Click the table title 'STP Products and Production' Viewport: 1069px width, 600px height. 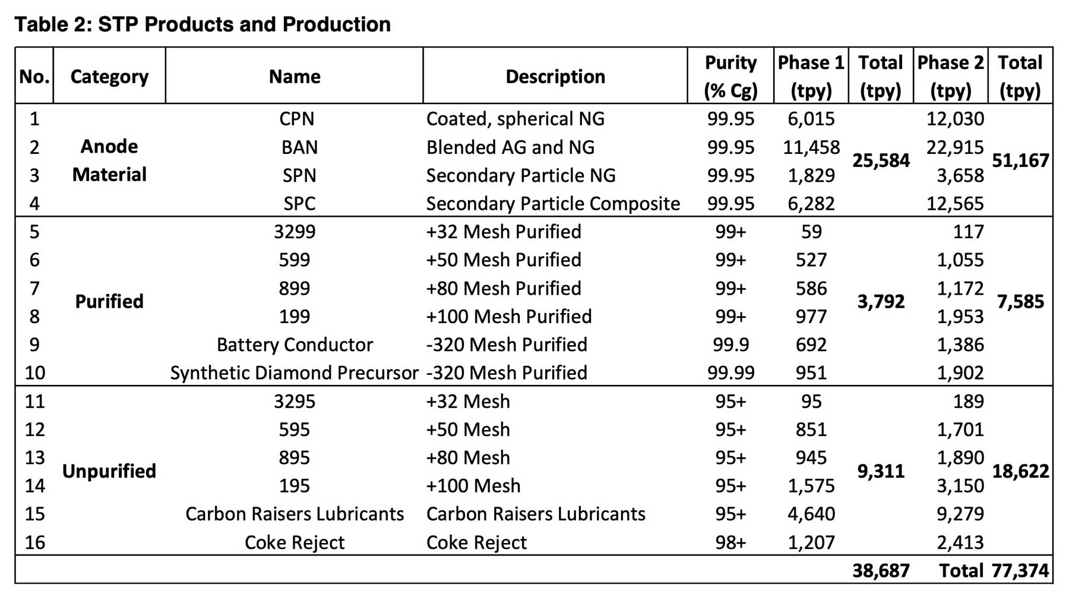pyautogui.click(x=203, y=24)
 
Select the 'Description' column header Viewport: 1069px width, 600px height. pyautogui.click(x=555, y=77)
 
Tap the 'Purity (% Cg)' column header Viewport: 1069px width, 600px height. pyautogui.click(x=730, y=77)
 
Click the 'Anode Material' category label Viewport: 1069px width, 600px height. pyautogui.click(x=109, y=160)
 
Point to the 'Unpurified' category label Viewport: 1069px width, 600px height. pyautogui.click(x=109, y=471)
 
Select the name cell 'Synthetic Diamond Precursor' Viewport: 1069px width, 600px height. pyautogui.click(x=294, y=373)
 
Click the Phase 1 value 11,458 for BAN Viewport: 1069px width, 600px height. pyautogui.click(x=811, y=147)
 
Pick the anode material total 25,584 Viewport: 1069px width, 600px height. pyautogui.click(x=881, y=160)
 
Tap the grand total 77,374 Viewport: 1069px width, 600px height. pyautogui.click(x=1020, y=571)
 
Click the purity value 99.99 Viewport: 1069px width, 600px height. pyautogui.click(x=730, y=373)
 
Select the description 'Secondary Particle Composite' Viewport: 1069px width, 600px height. pyautogui.click(x=553, y=204)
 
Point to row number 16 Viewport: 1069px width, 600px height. pyautogui.click(x=34, y=542)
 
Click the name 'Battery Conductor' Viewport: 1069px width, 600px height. pyautogui.click(x=295, y=345)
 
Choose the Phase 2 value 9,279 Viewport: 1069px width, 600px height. pyautogui.click(x=960, y=514)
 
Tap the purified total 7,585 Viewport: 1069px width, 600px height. pyautogui.click(x=1020, y=302)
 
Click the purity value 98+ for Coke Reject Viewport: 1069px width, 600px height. pyautogui.click(x=730, y=542)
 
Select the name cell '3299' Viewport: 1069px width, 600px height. pyautogui.click(x=295, y=232)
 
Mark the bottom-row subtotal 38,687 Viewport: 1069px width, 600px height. pyautogui.click(x=881, y=571)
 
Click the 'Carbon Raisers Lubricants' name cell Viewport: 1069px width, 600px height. pyautogui.click(x=295, y=514)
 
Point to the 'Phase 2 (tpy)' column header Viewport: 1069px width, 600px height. pyautogui.click(x=950, y=77)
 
